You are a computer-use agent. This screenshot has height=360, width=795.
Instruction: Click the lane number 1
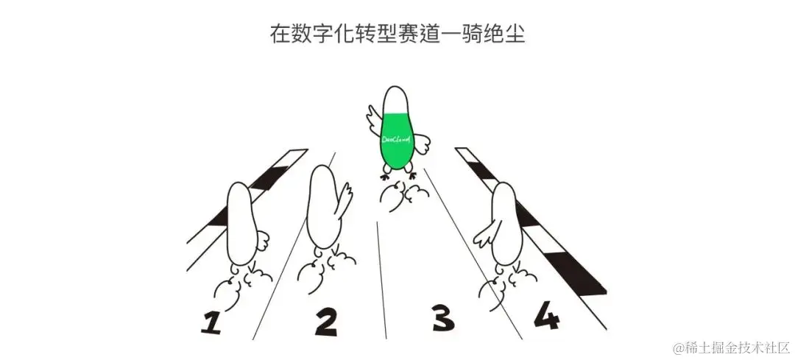[212, 322]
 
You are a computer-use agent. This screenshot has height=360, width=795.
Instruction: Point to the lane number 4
[546, 315]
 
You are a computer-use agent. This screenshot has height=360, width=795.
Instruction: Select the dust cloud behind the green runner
[403, 196]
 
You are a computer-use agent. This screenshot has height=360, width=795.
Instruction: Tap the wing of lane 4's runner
[484, 237]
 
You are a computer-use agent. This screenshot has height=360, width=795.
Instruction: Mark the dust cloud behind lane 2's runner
[325, 270]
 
